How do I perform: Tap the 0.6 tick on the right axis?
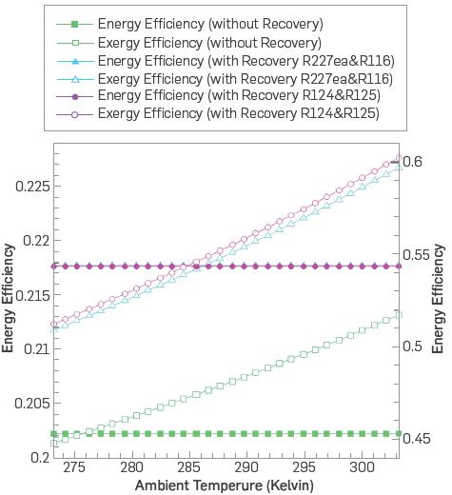pyautogui.click(x=416, y=162)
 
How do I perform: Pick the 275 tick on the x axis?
pyautogui.click(x=74, y=469)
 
